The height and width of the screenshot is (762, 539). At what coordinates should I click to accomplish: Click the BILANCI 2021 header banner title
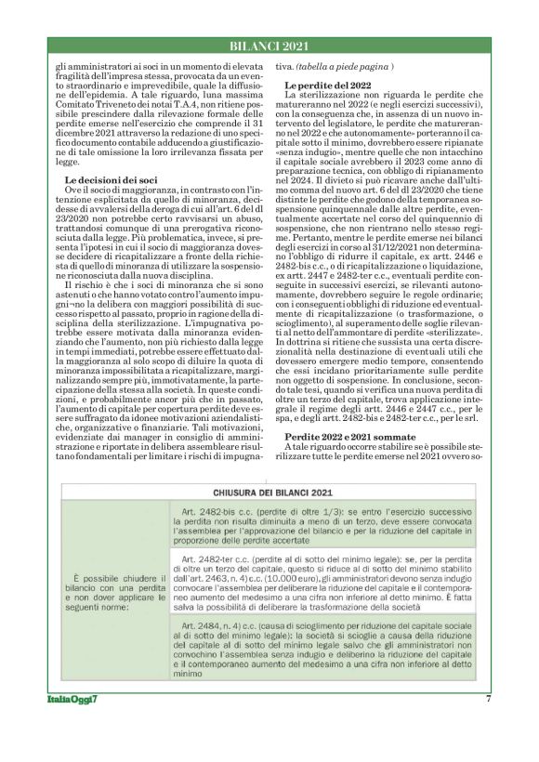click(269, 47)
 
